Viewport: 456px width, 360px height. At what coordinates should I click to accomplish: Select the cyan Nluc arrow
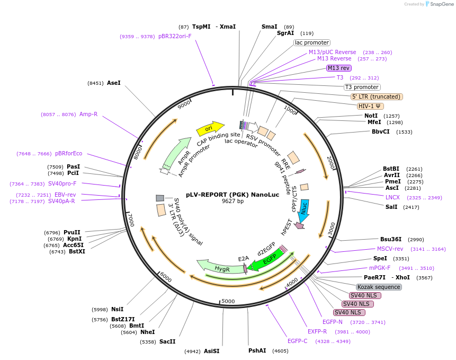(304, 210)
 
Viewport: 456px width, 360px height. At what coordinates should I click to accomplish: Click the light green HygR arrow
(220, 267)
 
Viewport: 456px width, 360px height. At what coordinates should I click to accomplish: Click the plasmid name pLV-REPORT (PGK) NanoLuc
(233, 195)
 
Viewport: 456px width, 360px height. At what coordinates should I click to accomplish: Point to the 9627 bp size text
(233, 201)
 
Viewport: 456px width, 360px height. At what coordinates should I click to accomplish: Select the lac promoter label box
(312, 42)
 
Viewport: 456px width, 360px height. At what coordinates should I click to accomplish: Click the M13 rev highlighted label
(338, 68)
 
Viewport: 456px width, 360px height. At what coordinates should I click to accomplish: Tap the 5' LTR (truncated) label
(377, 96)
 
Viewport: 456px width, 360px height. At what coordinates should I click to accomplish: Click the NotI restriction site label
(371, 116)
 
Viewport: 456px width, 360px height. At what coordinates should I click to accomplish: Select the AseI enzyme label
(114, 83)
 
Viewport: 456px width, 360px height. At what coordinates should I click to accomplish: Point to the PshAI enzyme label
(257, 350)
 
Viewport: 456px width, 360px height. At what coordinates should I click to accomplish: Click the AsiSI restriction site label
(211, 350)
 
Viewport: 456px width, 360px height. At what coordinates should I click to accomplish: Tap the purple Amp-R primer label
(88, 114)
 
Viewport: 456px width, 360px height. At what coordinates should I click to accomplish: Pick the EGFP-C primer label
(297, 341)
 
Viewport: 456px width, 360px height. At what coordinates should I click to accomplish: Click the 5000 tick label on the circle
(228, 301)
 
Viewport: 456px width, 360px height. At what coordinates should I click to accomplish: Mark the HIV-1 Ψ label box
(371, 106)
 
